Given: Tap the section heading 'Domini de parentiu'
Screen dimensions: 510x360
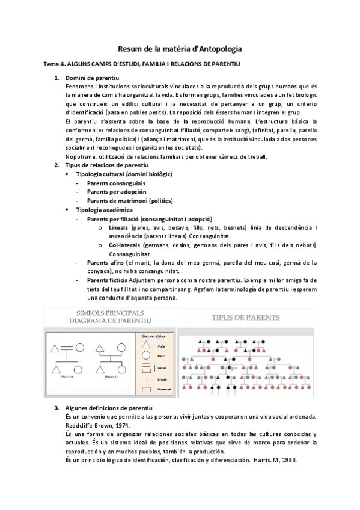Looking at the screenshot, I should pos(92,79).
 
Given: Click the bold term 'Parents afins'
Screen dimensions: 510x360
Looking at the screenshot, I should pos(105,263).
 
